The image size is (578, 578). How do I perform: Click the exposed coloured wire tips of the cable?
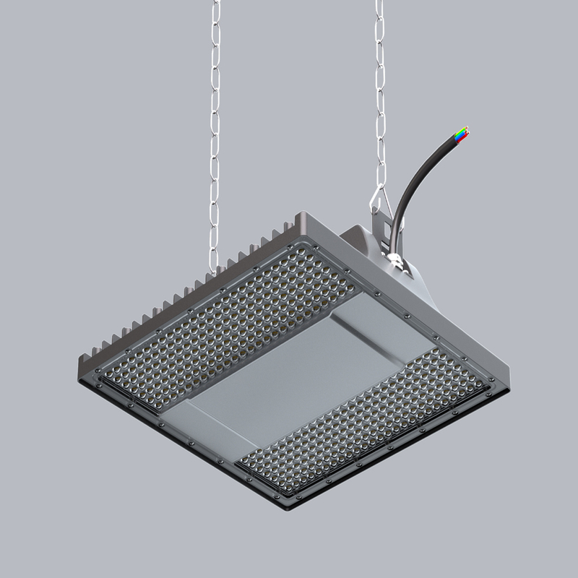point(461,134)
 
